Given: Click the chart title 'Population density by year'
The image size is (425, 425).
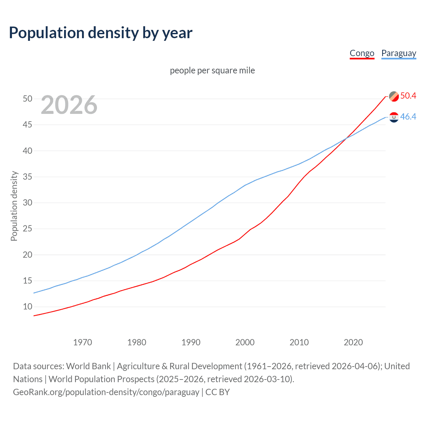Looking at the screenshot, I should pyautogui.click(x=101, y=33).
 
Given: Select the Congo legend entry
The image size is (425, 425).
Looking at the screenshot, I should pyautogui.click(x=362, y=53).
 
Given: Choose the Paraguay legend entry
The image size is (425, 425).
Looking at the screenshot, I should pyautogui.click(x=398, y=53).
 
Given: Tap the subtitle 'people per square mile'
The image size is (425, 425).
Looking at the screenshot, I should pyautogui.click(x=212, y=70).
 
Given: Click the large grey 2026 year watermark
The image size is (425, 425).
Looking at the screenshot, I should pyautogui.click(x=69, y=105).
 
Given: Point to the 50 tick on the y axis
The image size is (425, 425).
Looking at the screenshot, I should pyautogui.click(x=28, y=99).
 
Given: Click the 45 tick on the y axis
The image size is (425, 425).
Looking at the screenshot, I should pyautogui.click(x=28, y=125).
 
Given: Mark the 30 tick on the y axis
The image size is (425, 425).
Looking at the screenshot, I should pyautogui.click(x=28, y=203).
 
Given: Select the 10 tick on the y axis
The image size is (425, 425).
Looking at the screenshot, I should pyautogui.click(x=28, y=307).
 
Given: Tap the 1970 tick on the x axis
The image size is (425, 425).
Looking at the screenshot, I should pyautogui.click(x=82, y=342).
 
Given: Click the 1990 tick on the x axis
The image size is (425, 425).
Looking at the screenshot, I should pyautogui.click(x=191, y=342).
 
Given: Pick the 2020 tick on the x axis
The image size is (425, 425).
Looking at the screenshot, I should pyautogui.click(x=353, y=342).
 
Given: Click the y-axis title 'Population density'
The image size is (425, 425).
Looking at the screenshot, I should pyautogui.click(x=14, y=206).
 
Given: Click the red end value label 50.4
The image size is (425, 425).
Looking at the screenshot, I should pyautogui.click(x=408, y=96).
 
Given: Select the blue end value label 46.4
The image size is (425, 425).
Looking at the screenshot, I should pyautogui.click(x=408, y=117).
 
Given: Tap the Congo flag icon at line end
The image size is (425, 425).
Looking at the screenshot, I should pyautogui.click(x=394, y=96).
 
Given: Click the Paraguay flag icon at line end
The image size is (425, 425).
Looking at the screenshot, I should pyautogui.click(x=394, y=117).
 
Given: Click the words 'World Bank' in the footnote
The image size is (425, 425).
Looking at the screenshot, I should pyautogui.click(x=88, y=366).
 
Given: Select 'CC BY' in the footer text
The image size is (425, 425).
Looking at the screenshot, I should pyautogui.click(x=217, y=392).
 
